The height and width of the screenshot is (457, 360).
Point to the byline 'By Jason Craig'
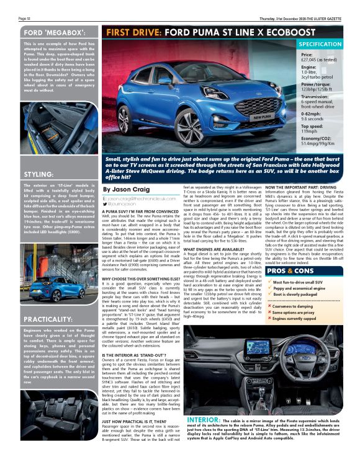(127, 189)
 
